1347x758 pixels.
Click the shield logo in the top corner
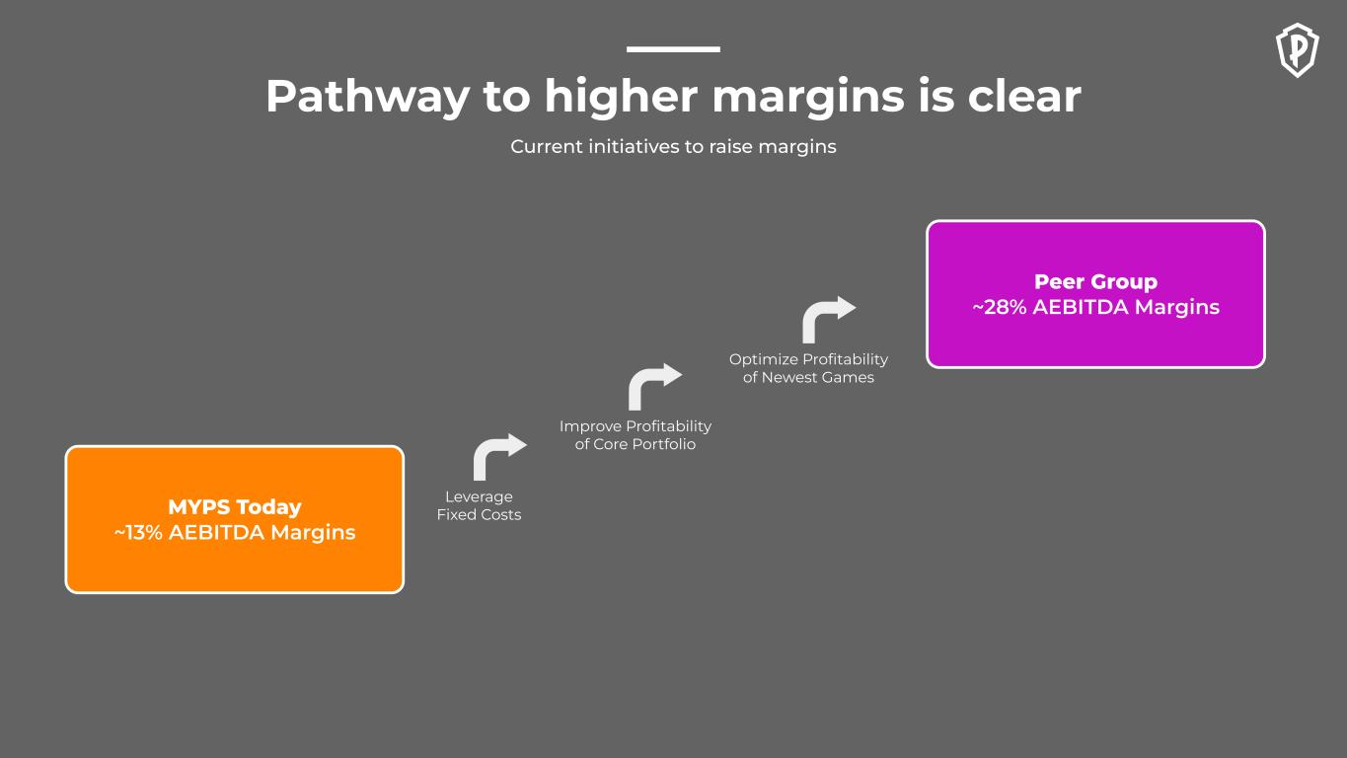coord(1297,50)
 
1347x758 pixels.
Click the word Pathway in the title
coord(368,97)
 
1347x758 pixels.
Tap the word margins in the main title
coord(808,98)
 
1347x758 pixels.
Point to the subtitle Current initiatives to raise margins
coord(673,146)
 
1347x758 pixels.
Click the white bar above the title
coord(673,49)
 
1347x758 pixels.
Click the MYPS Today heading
coord(235,506)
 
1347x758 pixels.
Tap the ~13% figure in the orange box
coord(138,532)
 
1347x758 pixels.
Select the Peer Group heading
coord(1095,281)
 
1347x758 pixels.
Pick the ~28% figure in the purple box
coord(1000,307)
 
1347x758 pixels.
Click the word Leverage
coord(479,496)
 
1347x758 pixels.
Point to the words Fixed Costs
coord(479,515)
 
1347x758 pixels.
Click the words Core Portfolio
coord(644,444)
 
